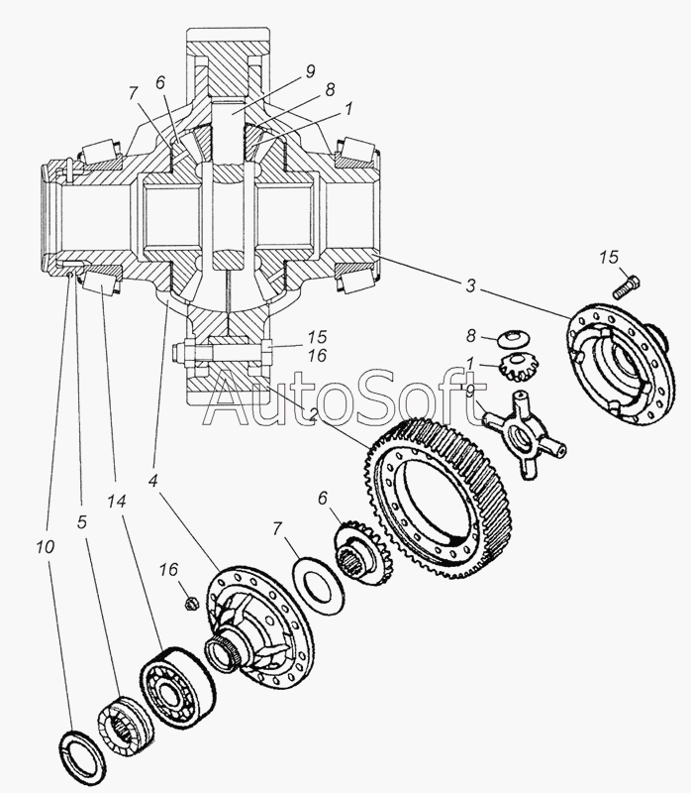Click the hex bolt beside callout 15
pos(627,285)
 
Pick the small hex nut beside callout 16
pos(191,602)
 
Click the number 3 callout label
pos(470,285)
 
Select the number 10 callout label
pos(45,547)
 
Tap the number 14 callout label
pos(116,502)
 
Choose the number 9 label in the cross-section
pos(310,71)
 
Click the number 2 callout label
pos(313,415)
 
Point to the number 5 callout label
pos(82,521)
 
